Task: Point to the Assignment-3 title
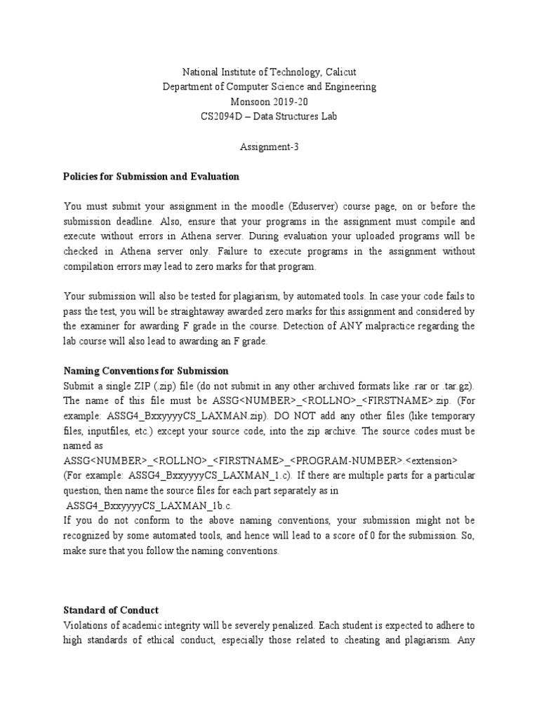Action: pyautogui.click(x=269, y=147)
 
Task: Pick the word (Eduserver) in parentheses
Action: pyautogui.click(x=319, y=206)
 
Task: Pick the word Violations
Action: pyautogui.click(x=87, y=625)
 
